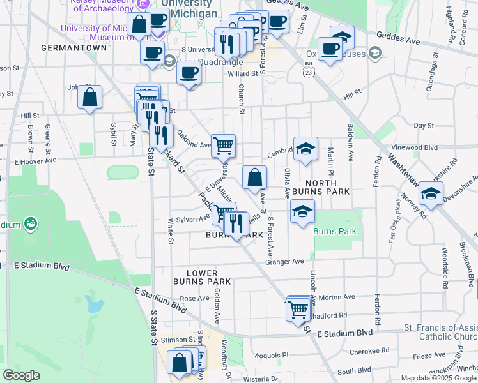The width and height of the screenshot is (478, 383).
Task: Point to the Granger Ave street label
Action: pyautogui.click(x=284, y=261)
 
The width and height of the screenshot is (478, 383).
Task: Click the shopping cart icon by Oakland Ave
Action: pyautogui.click(x=223, y=146)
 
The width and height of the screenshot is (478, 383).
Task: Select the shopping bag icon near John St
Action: pyautogui.click(x=90, y=98)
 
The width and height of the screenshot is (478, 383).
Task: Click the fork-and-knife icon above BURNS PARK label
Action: pyautogui.click(x=236, y=224)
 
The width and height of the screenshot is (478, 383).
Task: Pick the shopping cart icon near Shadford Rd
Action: pyautogui.click(x=298, y=311)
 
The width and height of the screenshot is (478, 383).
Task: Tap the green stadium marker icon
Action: pyautogui.click(x=29, y=224)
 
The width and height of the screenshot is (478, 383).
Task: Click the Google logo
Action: pyautogui.click(x=21, y=375)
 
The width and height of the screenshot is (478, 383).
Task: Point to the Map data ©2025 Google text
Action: pyautogui.click(x=438, y=378)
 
